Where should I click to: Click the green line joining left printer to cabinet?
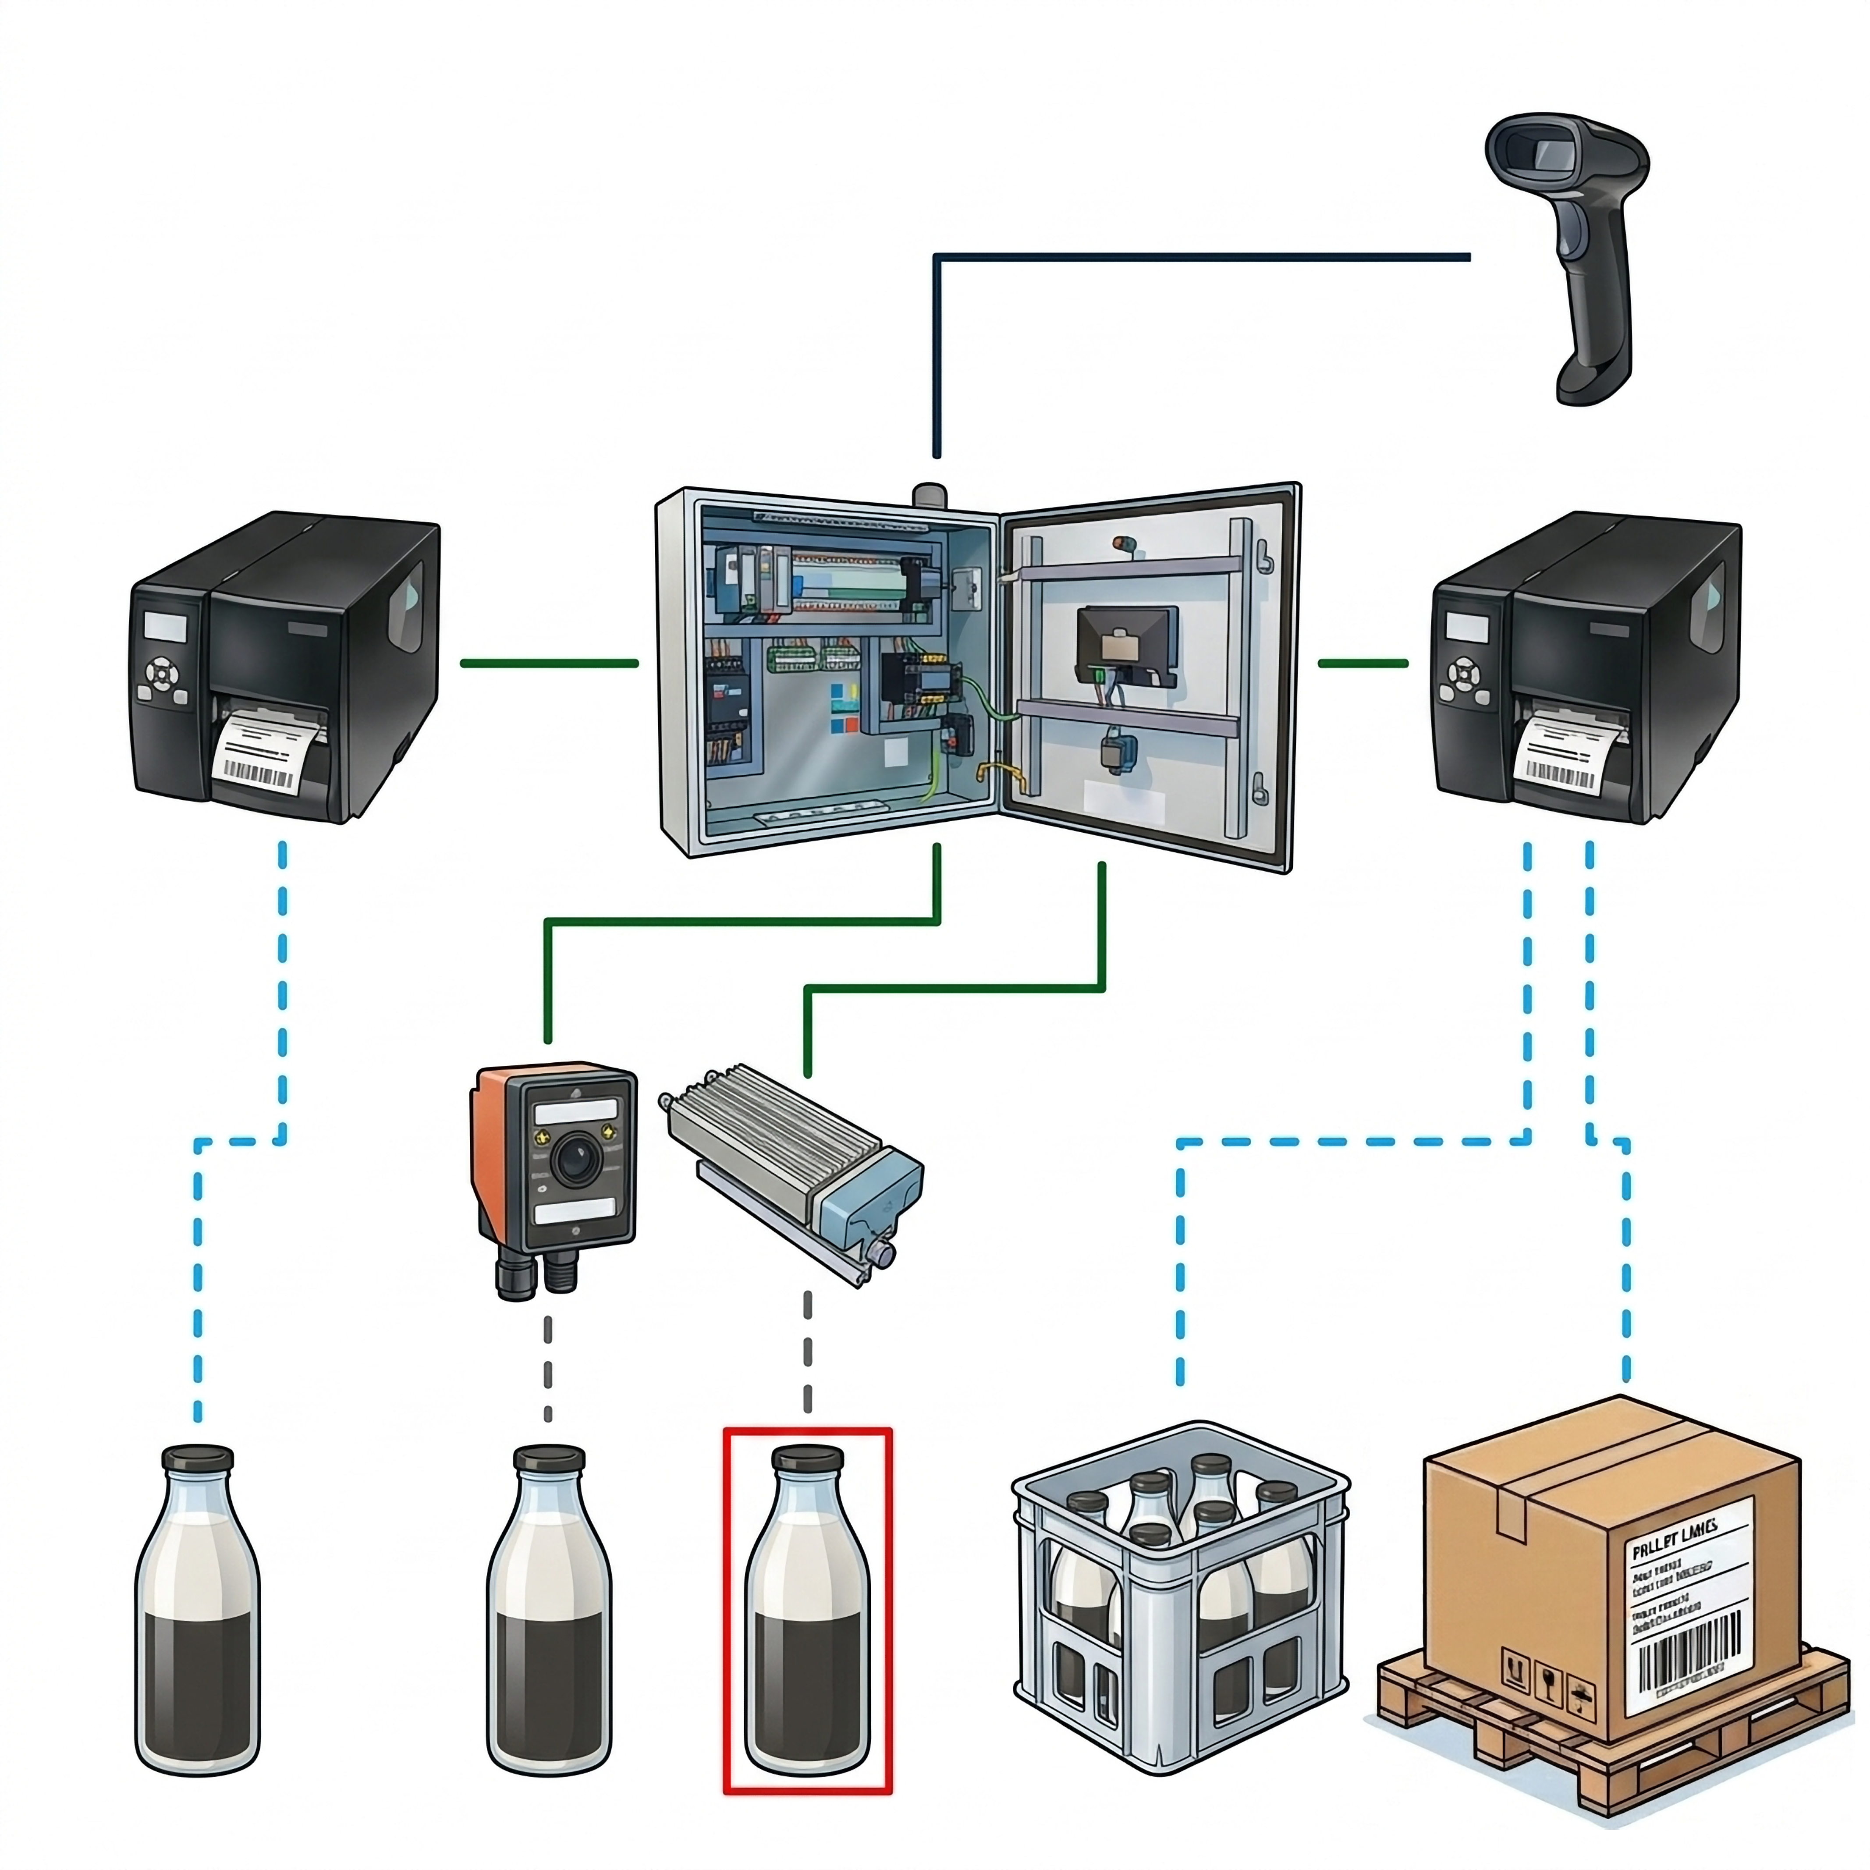click(549, 663)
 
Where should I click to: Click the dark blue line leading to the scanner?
click(1200, 256)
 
